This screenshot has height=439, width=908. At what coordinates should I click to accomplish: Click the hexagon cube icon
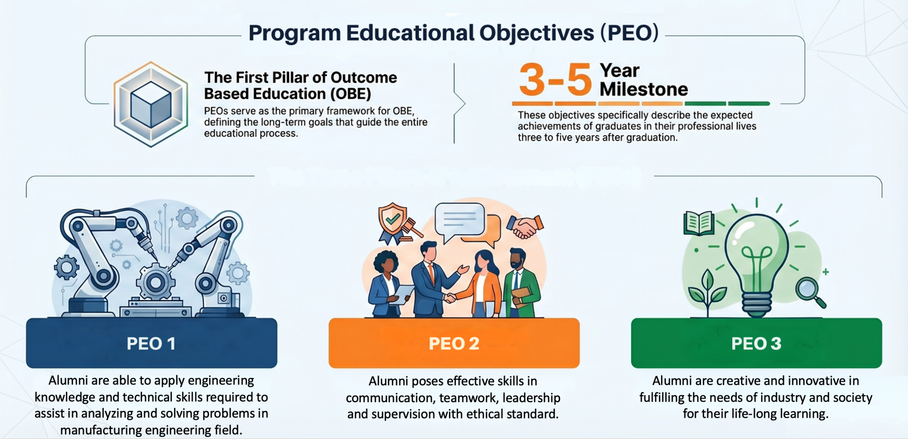click(x=151, y=104)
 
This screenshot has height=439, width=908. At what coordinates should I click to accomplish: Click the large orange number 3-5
click(x=555, y=79)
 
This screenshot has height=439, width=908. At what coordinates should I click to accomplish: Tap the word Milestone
click(x=644, y=89)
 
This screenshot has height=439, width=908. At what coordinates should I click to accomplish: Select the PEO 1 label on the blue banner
click(x=151, y=343)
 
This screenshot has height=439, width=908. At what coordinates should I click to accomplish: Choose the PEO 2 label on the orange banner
click(x=454, y=343)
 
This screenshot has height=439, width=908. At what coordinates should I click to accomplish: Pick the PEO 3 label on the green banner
click(x=756, y=343)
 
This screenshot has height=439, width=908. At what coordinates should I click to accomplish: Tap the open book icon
click(x=699, y=223)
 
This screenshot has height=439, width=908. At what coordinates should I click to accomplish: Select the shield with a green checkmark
click(x=393, y=221)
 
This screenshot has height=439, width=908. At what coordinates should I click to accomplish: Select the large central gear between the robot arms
click(x=155, y=282)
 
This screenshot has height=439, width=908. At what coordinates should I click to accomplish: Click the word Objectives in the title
click(x=537, y=33)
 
